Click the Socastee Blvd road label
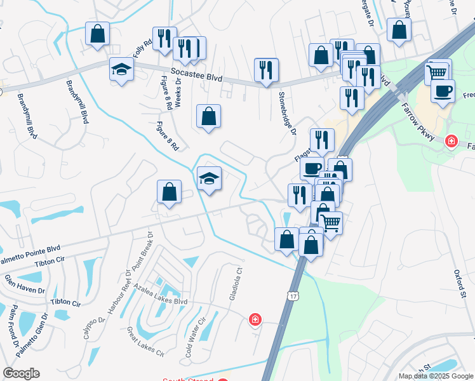click(196, 76)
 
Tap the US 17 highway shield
click(292, 296)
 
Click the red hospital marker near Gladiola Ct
click(255, 319)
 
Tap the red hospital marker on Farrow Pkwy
click(451, 140)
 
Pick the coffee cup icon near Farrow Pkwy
click(443, 90)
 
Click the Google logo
click(21, 373)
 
